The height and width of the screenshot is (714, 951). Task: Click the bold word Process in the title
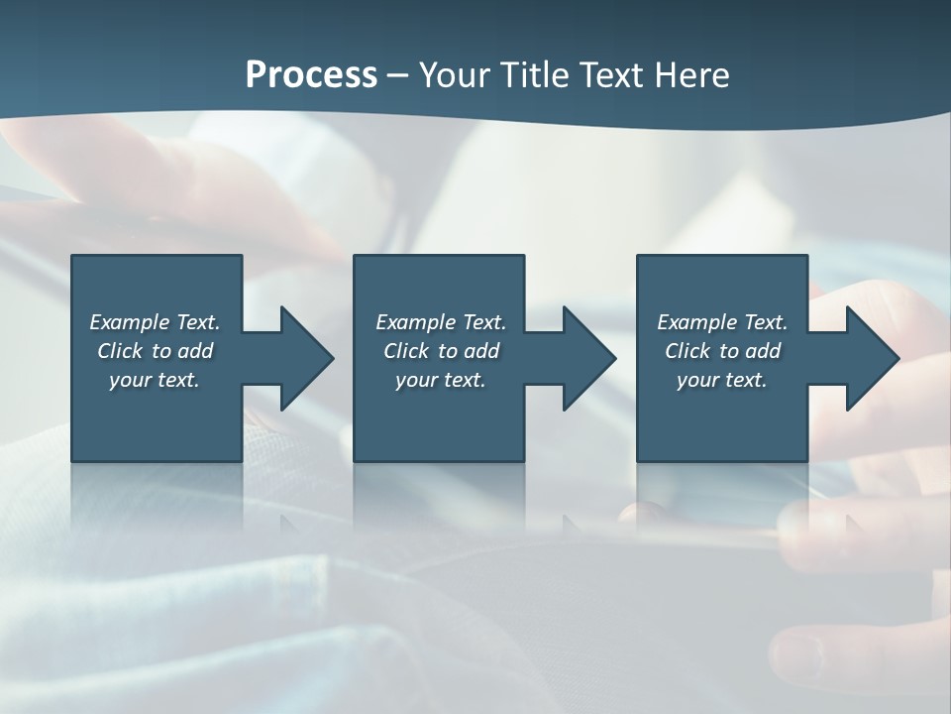point(311,75)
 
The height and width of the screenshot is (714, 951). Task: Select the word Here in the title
point(690,75)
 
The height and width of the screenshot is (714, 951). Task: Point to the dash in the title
point(398,75)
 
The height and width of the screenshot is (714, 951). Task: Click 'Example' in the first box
point(129,322)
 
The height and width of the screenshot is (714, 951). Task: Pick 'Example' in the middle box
point(415,322)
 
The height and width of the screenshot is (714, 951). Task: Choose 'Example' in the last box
point(696,322)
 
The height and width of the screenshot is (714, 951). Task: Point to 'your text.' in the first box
point(155,380)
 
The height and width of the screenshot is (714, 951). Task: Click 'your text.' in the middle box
point(441,380)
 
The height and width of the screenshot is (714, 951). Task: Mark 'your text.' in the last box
point(722,380)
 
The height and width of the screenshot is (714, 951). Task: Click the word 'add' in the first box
point(196,351)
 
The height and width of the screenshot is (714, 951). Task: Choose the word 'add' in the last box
point(764,351)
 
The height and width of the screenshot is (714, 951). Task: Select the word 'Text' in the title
point(608,75)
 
